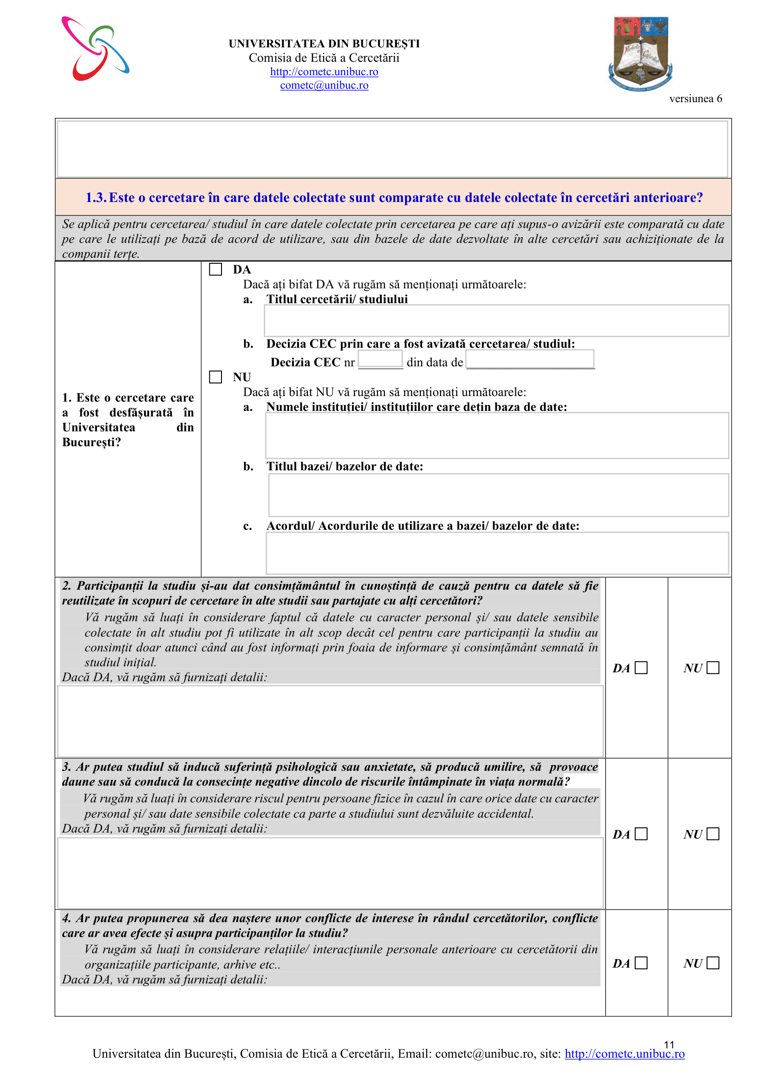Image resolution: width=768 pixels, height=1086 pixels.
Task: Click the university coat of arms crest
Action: tap(640, 53)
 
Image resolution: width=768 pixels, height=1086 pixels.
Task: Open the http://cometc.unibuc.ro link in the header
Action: tap(324, 72)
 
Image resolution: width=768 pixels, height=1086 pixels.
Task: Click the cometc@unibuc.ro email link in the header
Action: tap(324, 85)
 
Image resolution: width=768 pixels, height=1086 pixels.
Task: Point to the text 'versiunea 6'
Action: tap(695, 99)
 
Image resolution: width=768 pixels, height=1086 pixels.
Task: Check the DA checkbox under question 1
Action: tap(215, 270)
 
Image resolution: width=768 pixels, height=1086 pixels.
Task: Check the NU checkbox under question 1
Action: tap(215, 377)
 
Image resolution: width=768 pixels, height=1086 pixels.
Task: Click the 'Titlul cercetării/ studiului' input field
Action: tap(496, 321)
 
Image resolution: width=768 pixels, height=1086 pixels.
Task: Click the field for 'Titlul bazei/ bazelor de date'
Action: tap(498, 495)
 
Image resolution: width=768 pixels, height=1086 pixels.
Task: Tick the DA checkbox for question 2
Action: tap(641, 667)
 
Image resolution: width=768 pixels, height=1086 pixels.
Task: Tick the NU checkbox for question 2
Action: tap(713, 667)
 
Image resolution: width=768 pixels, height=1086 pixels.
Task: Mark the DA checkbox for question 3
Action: tap(641, 833)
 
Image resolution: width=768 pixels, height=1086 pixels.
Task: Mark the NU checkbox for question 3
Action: tap(713, 833)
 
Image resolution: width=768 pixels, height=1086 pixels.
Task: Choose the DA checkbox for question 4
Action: tap(641, 962)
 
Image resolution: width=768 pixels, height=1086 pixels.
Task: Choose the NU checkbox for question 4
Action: tap(713, 962)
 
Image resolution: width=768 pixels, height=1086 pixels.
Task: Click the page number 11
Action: tap(669, 1044)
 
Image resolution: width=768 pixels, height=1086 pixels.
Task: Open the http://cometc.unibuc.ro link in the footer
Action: tap(624, 1054)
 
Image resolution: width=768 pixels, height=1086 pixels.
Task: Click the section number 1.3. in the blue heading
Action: tap(96, 198)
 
